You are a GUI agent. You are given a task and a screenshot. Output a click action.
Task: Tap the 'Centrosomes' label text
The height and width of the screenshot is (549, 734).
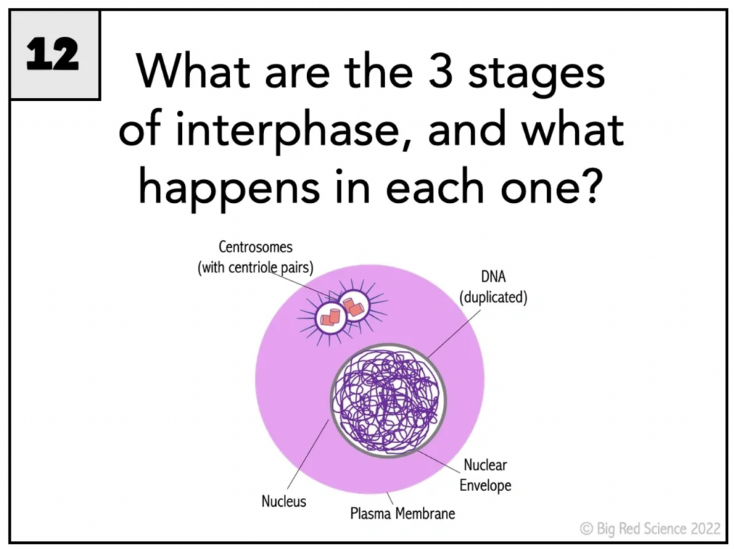tap(256, 247)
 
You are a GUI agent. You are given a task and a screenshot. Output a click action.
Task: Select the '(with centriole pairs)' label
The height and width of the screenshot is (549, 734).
tap(256, 268)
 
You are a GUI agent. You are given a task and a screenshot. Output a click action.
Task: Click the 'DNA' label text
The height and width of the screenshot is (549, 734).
tap(493, 277)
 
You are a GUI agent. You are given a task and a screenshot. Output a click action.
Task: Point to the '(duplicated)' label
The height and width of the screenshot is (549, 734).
tap(493, 297)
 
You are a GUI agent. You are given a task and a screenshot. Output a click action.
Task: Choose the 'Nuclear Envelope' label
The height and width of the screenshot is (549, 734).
tap(485, 475)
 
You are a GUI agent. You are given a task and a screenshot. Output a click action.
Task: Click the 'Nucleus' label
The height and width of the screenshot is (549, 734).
tap(284, 501)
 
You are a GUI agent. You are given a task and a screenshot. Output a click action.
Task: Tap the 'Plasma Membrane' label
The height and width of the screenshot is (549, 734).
tap(403, 513)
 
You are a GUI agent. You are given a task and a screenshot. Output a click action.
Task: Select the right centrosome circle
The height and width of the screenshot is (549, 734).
tap(354, 306)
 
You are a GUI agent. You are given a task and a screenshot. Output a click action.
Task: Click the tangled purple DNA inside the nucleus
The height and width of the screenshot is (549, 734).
tap(388, 401)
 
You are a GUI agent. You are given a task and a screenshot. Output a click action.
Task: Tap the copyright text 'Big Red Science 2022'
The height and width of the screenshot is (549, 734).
tap(659, 528)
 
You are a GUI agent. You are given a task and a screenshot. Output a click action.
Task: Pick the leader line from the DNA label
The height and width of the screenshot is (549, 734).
tap(454, 334)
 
